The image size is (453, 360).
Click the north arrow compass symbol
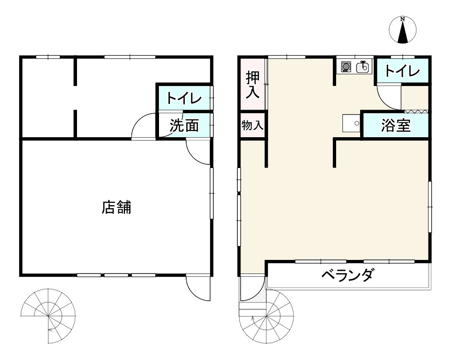[402, 30]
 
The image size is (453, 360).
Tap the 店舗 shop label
[116, 207]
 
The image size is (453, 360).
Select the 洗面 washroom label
[184, 126]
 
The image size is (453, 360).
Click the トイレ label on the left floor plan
[183, 98]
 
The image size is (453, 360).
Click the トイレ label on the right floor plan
[403, 71]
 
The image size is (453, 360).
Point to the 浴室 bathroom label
[396, 126]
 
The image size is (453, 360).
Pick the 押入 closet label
[253, 85]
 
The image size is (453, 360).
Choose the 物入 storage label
[252, 125]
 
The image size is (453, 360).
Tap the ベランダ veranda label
[348, 275]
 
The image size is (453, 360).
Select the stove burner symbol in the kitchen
[346, 67]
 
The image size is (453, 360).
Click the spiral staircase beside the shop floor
[48, 315]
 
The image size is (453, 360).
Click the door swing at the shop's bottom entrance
[198, 287]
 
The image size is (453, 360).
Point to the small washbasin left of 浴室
[351, 123]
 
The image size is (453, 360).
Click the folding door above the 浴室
[416, 111]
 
